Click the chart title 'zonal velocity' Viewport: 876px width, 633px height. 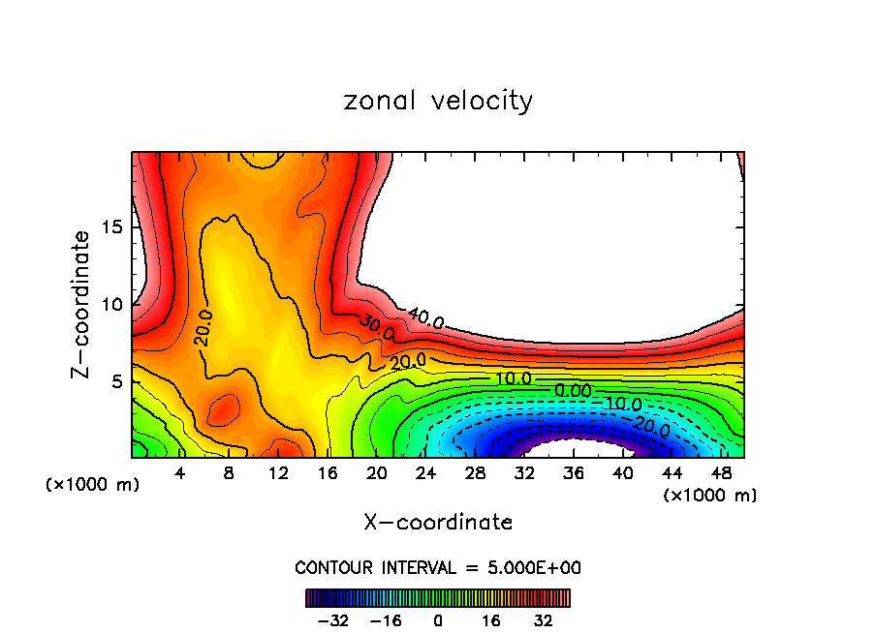(x=438, y=101)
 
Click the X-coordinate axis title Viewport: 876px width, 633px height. (x=438, y=522)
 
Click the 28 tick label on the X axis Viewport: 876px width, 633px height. (x=474, y=473)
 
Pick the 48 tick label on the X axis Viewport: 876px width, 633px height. (x=721, y=473)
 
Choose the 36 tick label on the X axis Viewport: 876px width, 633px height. (x=573, y=473)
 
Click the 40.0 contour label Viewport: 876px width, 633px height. (x=425, y=318)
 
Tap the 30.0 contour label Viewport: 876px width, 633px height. (x=376, y=327)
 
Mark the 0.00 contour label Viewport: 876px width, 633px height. (x=572, y=390)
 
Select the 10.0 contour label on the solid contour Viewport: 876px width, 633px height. (x=513, y=378)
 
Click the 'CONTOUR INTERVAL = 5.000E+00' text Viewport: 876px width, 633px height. (x=438, y=567)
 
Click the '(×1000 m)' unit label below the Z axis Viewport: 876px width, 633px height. (x=92, y=485)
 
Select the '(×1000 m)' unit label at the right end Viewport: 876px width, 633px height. (x=709, y=495)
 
